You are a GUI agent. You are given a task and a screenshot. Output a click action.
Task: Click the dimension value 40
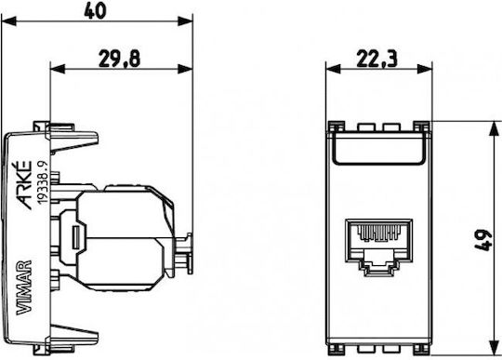[95, 10]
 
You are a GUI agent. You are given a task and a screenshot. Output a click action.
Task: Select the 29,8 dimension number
[119, 59]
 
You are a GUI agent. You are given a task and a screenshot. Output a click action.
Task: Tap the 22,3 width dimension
[376, 59]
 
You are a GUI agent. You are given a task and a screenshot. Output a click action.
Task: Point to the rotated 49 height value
[482, 240]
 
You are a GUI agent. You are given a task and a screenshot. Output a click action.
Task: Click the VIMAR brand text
[24, 287]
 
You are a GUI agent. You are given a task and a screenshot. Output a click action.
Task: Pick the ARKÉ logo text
[24, 185]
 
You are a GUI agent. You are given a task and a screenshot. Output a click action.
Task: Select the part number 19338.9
[43, 182]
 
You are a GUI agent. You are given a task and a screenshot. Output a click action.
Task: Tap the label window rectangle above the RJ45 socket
[378, 148]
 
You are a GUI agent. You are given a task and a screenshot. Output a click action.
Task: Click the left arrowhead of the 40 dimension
[9, 21]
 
